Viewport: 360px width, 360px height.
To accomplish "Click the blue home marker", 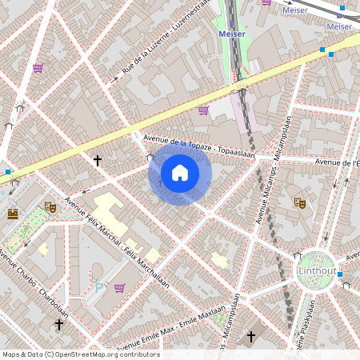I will (180, 173).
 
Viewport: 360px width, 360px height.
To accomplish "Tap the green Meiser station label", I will (231, 34).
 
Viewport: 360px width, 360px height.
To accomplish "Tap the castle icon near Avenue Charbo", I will (13, 214).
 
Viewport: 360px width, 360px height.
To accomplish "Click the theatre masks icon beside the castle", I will (50, 206).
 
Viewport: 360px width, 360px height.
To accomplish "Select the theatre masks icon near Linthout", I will (300, 203).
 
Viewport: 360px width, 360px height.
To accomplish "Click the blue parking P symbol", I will (99, 286).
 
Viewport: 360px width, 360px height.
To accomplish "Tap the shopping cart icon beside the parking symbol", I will (119, 287).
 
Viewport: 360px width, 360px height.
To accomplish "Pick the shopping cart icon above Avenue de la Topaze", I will (203, 110).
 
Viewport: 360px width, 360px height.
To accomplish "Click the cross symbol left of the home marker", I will (98, 161).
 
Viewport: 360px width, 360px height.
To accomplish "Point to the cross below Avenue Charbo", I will (58, 325).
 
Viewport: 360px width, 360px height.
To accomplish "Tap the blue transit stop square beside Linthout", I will (340, 274).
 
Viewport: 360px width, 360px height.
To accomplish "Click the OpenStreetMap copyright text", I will (80, 354).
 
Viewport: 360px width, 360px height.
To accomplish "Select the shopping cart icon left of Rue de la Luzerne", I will (37, 68).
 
